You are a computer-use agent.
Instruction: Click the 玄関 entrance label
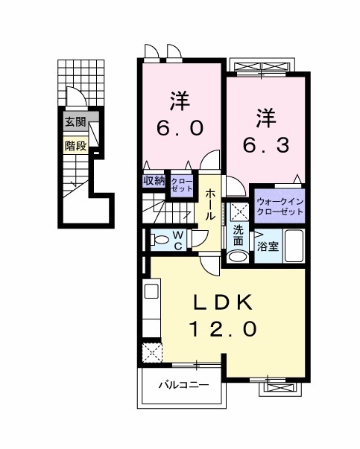(x=74, y=122)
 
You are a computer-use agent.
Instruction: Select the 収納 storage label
(x=154, y=180)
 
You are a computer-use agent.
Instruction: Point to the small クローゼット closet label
(x=180, y=184)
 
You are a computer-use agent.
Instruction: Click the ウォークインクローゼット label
(x=280, y=206)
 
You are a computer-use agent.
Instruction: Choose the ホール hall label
(x=212, y=203)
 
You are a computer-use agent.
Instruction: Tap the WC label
(x=179, y=239)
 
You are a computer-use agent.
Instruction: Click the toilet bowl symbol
(x=159, y=240)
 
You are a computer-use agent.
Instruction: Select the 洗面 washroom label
(x=238, y=235)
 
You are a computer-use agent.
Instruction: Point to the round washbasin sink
(x=238, y=256)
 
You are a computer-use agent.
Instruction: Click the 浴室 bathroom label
(x=268, y=246)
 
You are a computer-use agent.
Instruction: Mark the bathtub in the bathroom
(x=293, y=246)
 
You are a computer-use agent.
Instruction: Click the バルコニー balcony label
(x=182, y=385)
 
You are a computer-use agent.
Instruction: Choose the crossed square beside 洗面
(x=239, y=210)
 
